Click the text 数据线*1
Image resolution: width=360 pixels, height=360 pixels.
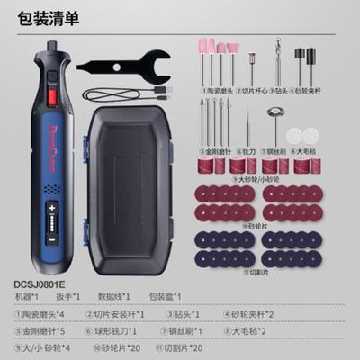click(115, 296)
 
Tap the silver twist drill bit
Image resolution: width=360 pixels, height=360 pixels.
click(280, 67)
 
